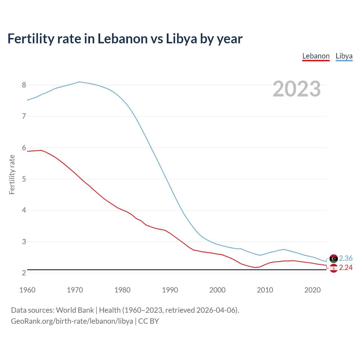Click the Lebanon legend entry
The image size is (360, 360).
coord(316,56)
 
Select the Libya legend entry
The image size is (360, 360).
coord(344,56)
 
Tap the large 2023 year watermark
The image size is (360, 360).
coord(297,89)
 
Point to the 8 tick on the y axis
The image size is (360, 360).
coord(24,85)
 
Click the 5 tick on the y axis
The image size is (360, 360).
coord(24,179)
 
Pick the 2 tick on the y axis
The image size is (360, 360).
coord(24,273)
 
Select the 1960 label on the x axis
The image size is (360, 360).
coord(27,290)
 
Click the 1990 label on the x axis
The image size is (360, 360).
coord(170,290)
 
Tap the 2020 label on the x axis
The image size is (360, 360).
coord(312,290)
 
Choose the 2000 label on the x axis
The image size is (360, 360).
coord(217,290)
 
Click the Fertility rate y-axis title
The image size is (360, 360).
coord(12,174)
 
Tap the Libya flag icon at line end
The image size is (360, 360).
coord(334,258)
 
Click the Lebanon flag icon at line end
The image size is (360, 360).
coord(334,268)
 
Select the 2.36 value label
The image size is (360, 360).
coord(346,258)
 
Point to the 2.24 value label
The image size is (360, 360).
coord(346,267)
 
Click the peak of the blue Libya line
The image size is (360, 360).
coord(79,82)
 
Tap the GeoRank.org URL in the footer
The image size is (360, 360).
coord(72,321)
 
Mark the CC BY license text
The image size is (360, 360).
coord(148,321)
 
